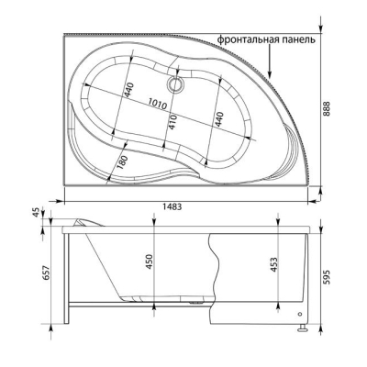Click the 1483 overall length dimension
pyautogui.click(x=172, y=206)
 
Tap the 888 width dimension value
pyautogui.click(x=328, y=109)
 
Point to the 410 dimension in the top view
pyautogui.click(x=172, y=122)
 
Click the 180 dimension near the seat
pyautogui.click(x=122, y=162)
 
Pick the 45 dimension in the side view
pyautogui.click(x=36, y=212)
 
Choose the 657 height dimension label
pyautogui.click(x=46, y=272)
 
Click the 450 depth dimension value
pyautogui.click(x=149, y=261)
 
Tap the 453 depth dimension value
pyautogui.click(x=274, y=265)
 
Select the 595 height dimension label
pyautogui.click(x=328, y=277)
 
